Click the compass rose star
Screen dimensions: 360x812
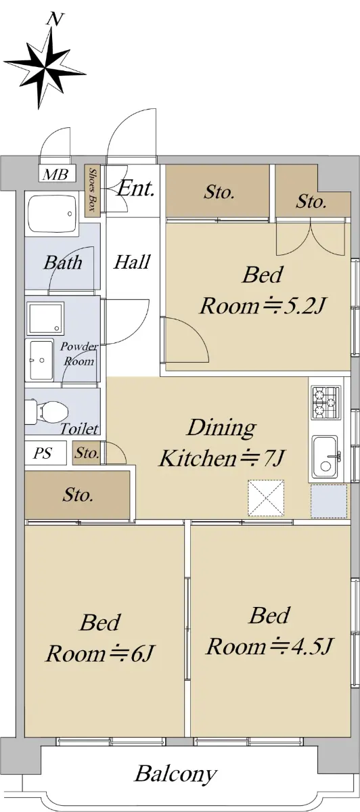[x=45, y=68]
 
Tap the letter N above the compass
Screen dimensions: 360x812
[x=55, y=19]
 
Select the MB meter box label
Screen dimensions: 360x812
[x=55, y=175]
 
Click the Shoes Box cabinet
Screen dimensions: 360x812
[x=93, y=191]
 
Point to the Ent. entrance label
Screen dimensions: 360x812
[x=135, y=188]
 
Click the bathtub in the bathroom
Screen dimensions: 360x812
[x=52, y=214]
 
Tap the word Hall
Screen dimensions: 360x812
[x=131, y=262]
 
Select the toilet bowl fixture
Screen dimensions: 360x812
[x=47, y=411]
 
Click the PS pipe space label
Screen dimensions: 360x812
[x=43, y=453]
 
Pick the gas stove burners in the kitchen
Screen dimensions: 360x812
[x=326, y=403]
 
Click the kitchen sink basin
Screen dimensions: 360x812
[x=325, y=456]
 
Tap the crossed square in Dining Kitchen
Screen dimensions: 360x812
[x=266, y=498]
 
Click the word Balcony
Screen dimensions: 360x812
[x=176, y=775]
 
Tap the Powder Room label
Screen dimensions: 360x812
[x=79, y=354]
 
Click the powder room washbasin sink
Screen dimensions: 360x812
[x=41, y=360]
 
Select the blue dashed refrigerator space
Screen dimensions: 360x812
[x=329, y=501]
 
